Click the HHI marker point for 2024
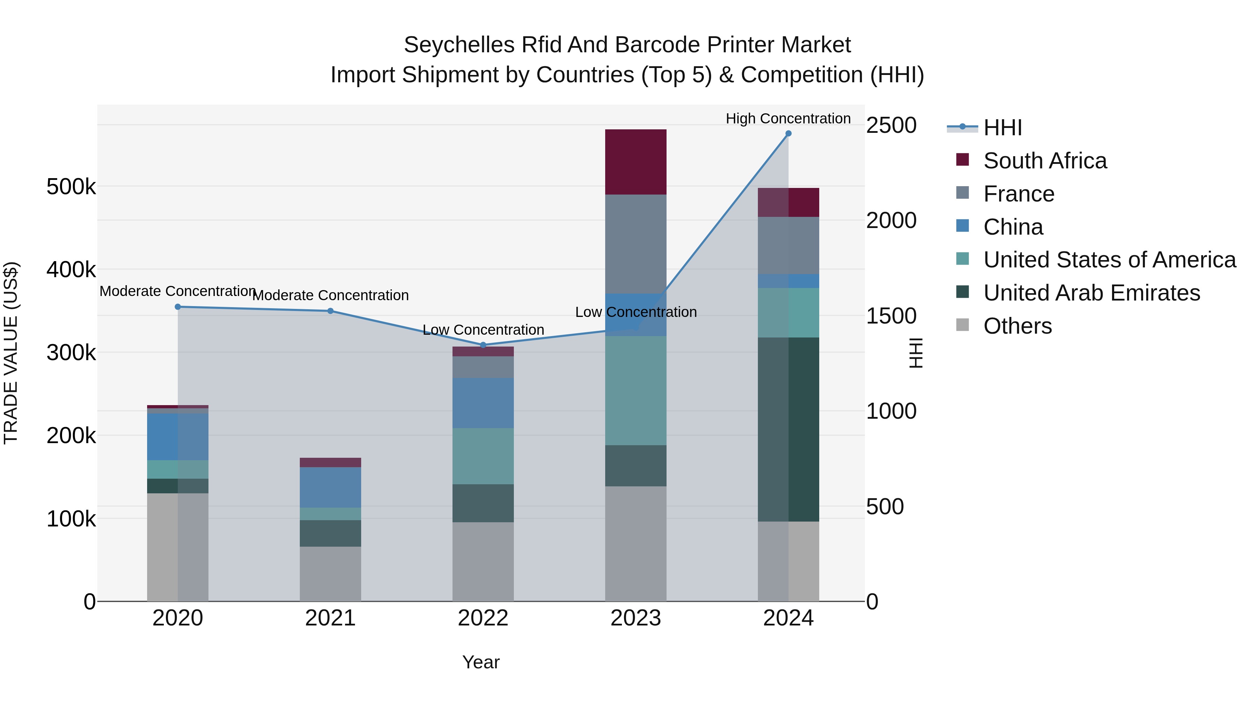click(x=788, y=134)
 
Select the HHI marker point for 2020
click(x=178, y=307)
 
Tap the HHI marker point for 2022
click(x=483, y=345)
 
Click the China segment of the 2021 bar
click(x=330, y=487)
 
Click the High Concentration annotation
click(x=788, y=119)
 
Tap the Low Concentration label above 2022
click(x=483, y=330)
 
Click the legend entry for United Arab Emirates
click(x=1091, y=293)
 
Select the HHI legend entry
click(x=1002, y=128)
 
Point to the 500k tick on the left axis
click(x=71, y=187)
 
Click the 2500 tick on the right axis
click(x=891, y=125)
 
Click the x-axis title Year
click(x=481, y=662)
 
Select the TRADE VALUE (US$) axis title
click(x=11, y=353)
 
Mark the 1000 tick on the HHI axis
click(x=891, y=411)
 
